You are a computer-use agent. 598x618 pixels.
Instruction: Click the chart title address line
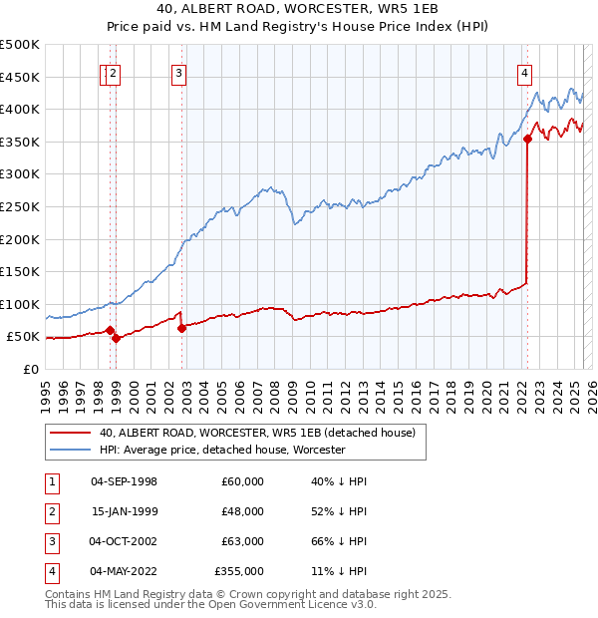tap(298, 9)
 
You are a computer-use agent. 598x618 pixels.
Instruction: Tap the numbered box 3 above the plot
tap(177, 72)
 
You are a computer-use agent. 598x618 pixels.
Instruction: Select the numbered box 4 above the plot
tap(523, 72)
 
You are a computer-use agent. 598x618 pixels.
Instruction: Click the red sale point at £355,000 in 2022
tap(527, 140)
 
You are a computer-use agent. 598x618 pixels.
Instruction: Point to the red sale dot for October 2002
tap(181, 328)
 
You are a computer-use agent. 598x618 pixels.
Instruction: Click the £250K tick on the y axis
tap(22, 206)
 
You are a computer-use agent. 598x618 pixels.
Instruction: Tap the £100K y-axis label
tap(22, 304)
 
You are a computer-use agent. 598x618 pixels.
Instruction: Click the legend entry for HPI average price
tap(221, 450)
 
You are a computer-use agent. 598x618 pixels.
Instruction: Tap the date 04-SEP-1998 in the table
tap(124, 481)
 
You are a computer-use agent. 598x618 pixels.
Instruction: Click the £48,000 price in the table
tap(243, 511)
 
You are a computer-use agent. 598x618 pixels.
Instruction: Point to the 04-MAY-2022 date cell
tap(124, 571)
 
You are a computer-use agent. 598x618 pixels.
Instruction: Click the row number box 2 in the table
tap(51, 511)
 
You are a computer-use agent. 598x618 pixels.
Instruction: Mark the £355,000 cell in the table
tap(239, 571)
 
